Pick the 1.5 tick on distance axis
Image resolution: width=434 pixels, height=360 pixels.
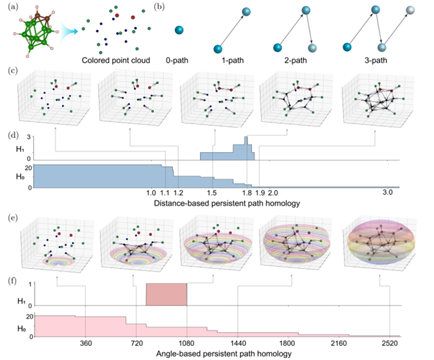point(212,193)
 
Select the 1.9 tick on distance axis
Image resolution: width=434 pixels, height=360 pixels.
point(259,193)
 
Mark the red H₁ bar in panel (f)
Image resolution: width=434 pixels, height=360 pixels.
point(167,295)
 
